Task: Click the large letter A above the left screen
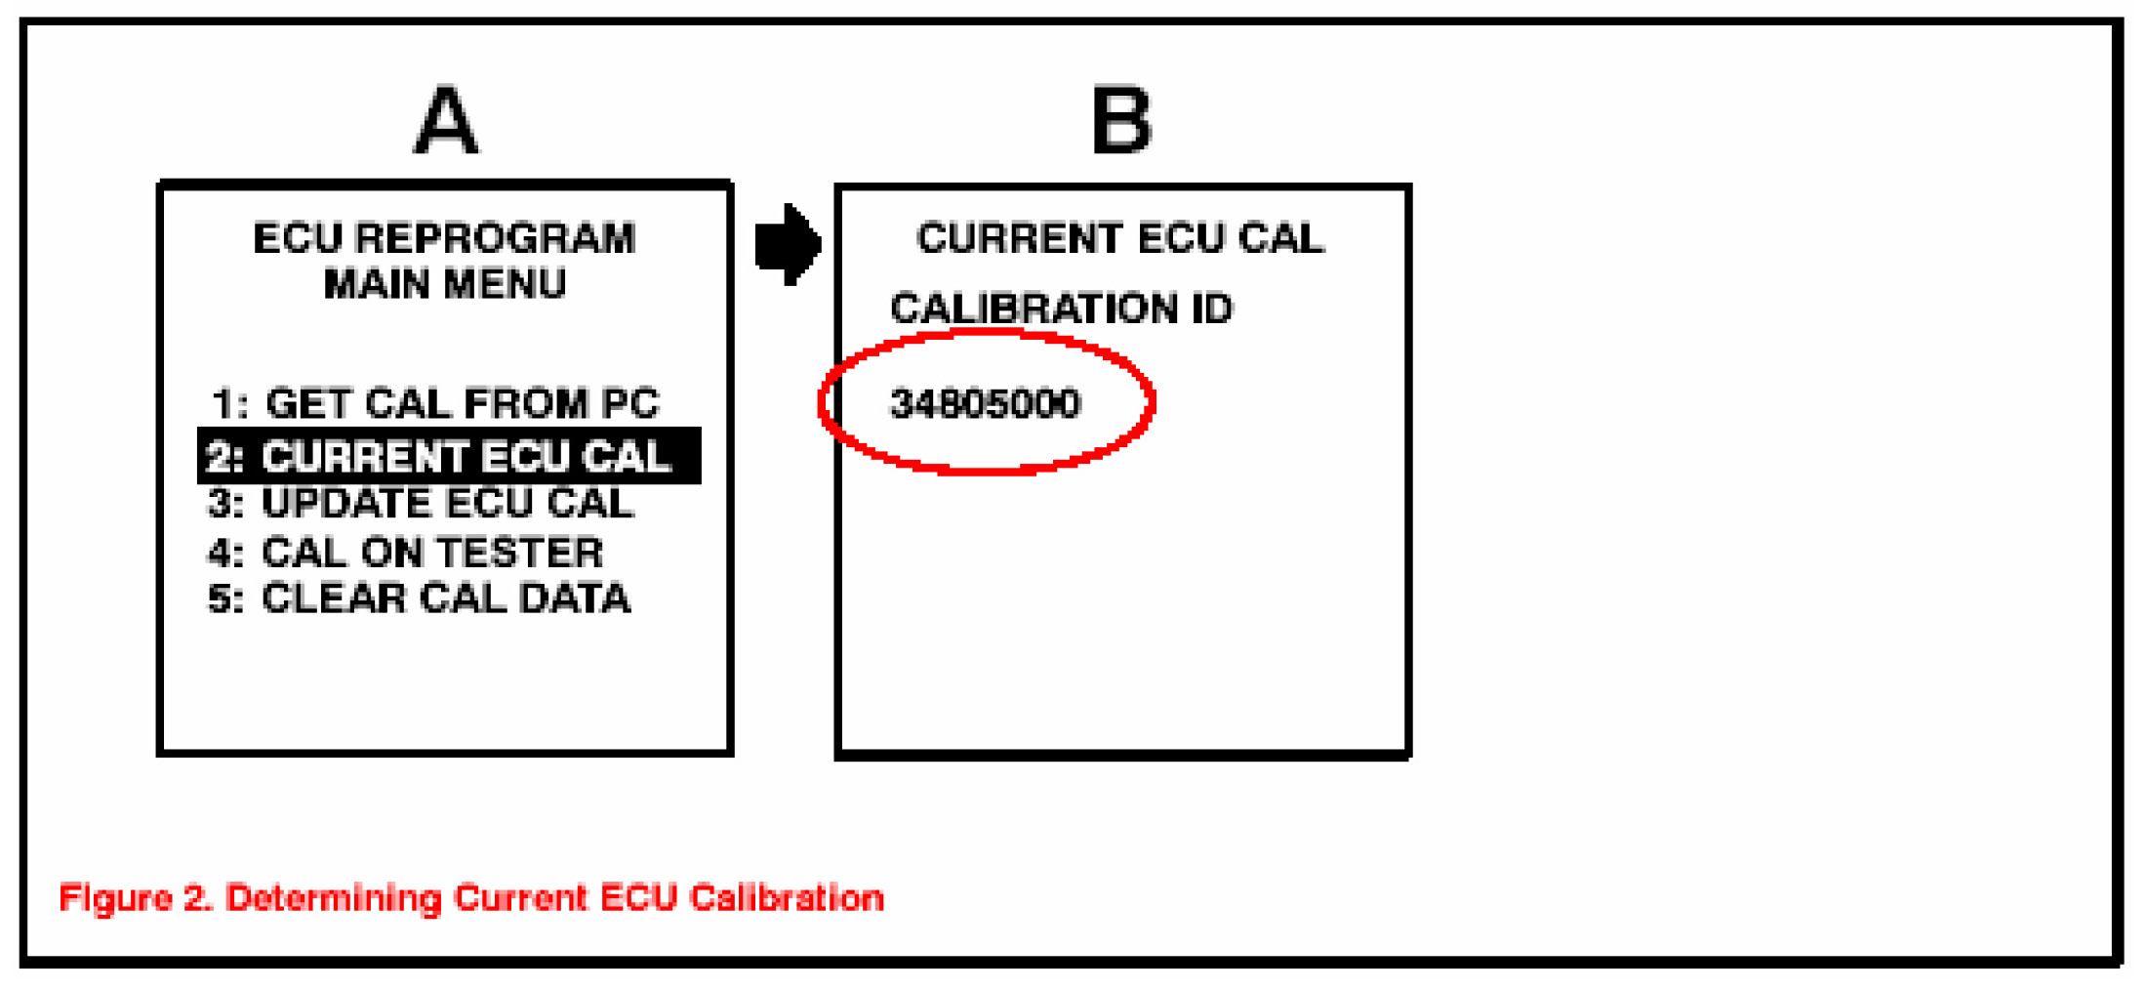[446, 121]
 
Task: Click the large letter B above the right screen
[1120, 121]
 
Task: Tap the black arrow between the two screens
[788, 244]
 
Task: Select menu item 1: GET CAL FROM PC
[435, 403]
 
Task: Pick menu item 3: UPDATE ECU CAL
[422, 504]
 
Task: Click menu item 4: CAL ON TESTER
[406, 553]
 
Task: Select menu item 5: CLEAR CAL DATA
[420, 598]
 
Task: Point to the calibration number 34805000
[985, 403]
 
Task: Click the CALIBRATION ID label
[1061, 309]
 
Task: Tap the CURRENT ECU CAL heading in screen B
[1119, 239]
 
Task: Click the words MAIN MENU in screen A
[444, 284]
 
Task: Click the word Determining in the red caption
[333, 898]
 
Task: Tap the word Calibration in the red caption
[786, 897]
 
